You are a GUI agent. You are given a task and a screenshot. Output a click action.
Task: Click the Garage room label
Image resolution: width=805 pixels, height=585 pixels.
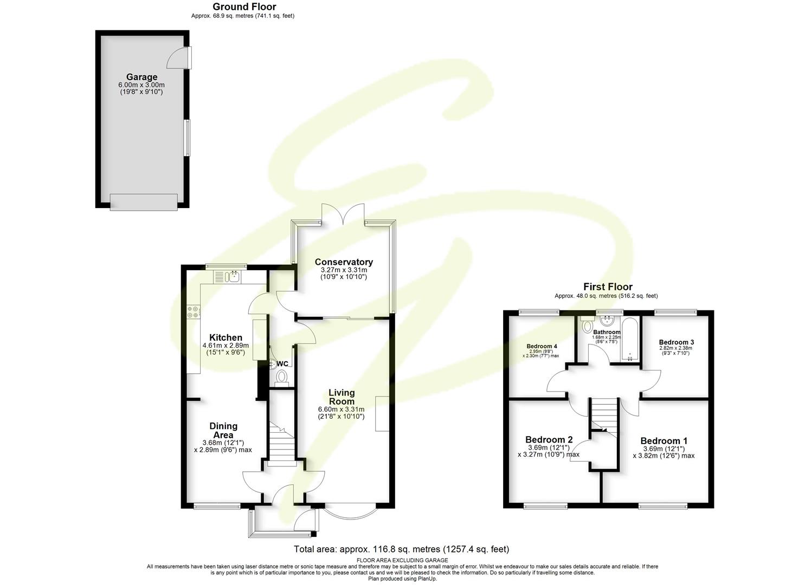[141, 77]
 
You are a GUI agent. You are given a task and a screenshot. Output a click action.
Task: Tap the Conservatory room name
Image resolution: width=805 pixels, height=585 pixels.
[344, 262]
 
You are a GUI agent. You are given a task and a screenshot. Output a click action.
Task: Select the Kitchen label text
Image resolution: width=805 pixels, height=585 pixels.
[226, 337]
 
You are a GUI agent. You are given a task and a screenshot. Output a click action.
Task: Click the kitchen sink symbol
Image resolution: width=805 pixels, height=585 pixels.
[234, 277]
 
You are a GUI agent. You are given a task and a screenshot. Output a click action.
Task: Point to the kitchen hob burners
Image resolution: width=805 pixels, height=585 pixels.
[193, 311]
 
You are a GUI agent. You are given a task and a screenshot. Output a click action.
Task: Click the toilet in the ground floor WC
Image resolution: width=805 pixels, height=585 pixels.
[282, 376]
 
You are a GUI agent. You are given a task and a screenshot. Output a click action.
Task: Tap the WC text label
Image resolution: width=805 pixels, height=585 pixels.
[283, 363]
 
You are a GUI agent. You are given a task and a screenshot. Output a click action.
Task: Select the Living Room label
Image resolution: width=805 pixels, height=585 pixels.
[342, 396]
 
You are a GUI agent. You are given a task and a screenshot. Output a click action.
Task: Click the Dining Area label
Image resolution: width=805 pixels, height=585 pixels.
[223, 431]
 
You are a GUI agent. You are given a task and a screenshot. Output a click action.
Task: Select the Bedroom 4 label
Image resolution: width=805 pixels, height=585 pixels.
[542, 346]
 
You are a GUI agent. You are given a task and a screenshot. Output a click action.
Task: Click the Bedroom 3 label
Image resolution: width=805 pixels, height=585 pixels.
[676, 342]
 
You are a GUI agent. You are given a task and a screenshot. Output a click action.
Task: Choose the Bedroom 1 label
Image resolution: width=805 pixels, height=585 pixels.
[664, 441]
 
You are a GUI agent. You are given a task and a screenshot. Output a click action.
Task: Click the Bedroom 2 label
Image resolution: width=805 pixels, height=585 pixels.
[549, 439]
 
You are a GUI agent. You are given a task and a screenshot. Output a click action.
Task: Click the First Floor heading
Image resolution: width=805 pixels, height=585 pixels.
[607, 287]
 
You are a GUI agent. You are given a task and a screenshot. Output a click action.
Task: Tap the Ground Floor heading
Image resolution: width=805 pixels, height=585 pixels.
[244, 6]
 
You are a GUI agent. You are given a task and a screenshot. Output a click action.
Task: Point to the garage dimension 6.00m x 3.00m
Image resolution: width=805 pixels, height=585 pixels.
[141, 85]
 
